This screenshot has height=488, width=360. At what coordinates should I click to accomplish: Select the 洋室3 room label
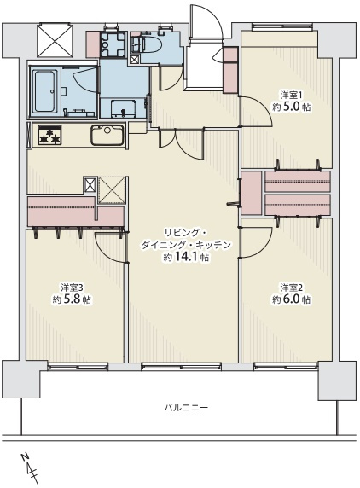[72, 287]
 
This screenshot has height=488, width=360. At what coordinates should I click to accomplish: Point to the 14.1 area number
[187, 258]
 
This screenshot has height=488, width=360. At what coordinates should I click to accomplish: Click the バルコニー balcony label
[186, 407]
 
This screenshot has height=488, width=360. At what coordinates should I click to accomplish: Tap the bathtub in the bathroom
[45, 91]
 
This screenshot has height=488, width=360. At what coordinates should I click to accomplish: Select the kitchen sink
[107, 135]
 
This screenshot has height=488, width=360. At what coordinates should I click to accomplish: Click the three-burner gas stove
[49, 135]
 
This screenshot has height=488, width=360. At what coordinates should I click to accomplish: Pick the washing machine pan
[113, 44]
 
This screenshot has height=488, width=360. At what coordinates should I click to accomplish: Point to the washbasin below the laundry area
[123, 107]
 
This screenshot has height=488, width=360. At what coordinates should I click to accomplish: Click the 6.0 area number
[292, 299]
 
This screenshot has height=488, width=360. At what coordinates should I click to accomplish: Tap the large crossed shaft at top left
[55, 40]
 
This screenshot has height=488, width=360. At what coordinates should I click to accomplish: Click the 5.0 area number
[292, 107]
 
